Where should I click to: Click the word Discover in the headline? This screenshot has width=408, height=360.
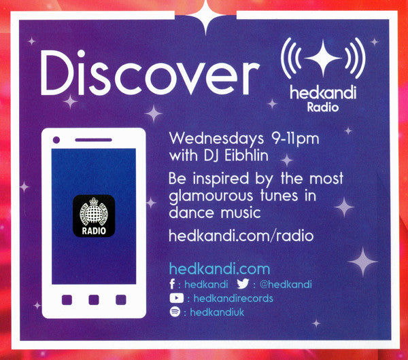tap(150, 73)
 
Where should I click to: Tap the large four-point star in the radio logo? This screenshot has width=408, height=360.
tap(323, 58)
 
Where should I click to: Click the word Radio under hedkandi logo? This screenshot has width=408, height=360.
tap(322, 107)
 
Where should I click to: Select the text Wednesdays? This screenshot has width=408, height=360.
tap(213, 139)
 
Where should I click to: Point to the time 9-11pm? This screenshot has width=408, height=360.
tap(295, 139)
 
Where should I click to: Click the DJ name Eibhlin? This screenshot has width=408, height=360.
tap(246, 155)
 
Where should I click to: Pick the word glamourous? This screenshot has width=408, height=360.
tap(211, 196)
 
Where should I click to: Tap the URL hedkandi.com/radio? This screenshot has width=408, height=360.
tap(241, 236)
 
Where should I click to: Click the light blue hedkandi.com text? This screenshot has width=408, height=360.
tap(220, 269)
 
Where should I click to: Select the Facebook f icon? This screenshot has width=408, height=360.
tap(172, 284)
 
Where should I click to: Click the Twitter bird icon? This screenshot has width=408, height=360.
tap(243, 283)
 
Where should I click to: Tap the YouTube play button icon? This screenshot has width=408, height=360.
tap(177, 298)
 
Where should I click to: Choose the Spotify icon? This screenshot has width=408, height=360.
tap(175, 312)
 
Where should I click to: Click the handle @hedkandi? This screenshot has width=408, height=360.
tap(286, 285)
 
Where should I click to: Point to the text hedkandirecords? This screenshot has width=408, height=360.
tap(233, 298)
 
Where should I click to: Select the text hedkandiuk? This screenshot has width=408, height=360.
tap(217, 312)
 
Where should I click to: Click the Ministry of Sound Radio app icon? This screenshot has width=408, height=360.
tap(94, 216)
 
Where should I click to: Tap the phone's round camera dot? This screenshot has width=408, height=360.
tap(56, 140)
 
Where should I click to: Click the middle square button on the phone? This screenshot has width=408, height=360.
tap(94, 300)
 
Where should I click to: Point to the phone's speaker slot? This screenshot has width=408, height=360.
tap(93, 140)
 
